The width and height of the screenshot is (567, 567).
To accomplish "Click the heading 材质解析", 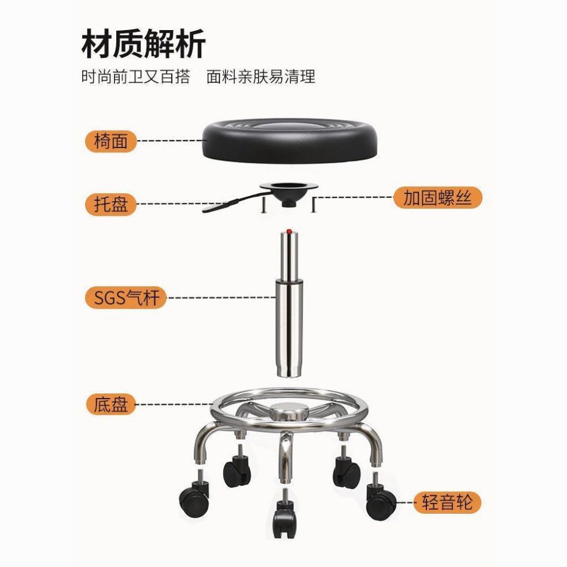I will pyautogui.click(x=143, y=45).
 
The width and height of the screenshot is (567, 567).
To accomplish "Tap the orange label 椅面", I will pyautogui.click(x=111, y=141).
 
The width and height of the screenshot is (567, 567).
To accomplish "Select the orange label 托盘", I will pyautogui.click(x=111, y=204).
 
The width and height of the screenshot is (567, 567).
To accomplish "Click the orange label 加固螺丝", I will pyautogui.click(x=437, y=198).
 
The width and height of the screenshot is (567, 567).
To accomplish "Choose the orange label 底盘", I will pyautogui.click(x=111, y=403).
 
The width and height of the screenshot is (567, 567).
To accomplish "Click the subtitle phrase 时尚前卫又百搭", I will pyautogui.click(x=135, y=77).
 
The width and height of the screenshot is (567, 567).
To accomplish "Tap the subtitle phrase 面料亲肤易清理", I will pyautogui.click(x=261, y=77).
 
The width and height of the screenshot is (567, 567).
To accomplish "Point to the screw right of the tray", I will pyautogui.click(x=314, y=204).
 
